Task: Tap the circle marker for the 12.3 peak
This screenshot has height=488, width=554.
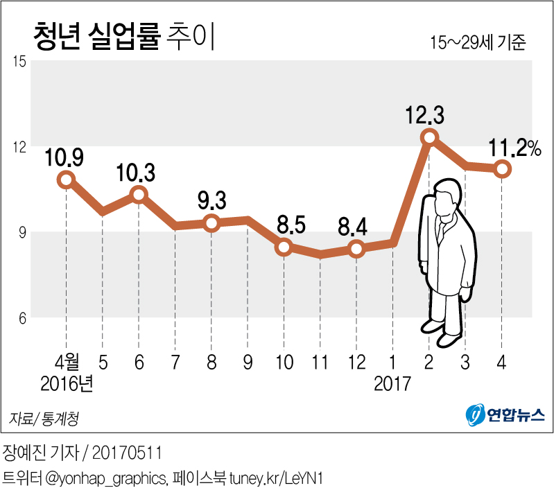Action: pyautogui.click(x=429, y=137)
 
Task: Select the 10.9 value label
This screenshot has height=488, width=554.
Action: pyautogui.click(x=64, y=158)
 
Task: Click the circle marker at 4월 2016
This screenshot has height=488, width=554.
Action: pyautogui.click(x=66, y=180)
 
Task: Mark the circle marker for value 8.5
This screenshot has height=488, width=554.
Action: pyautogui.click(x=284, y=246)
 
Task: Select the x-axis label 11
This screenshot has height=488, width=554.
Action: pyautogui.click(x=320, y=361)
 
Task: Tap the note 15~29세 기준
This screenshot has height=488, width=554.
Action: pyautogui.click(x=479, y=42)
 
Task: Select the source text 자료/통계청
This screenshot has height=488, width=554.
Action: pyautogui.click(x=44, y=418)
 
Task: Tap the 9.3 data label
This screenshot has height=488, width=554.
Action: pyautogui.click(x=211, y=201)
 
